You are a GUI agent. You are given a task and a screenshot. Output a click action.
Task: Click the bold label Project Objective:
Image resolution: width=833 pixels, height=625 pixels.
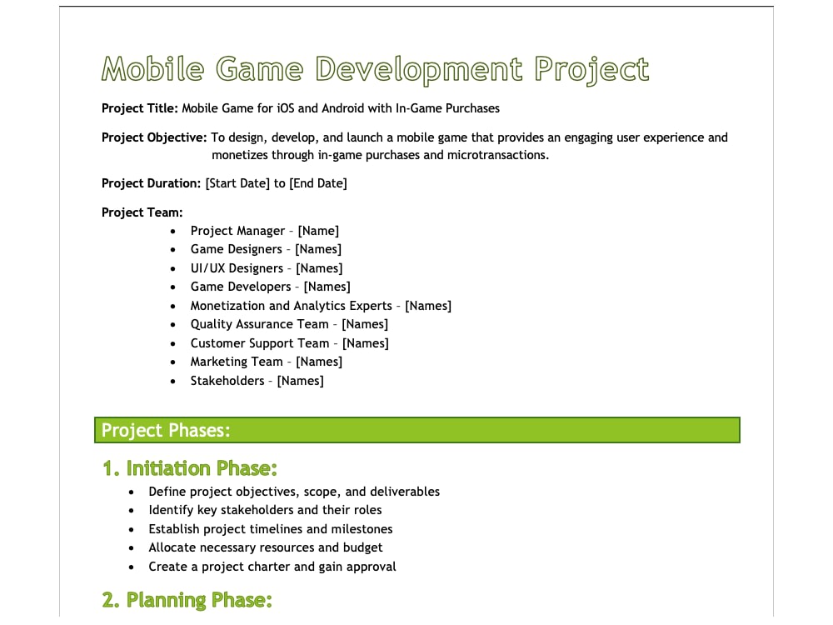[x=154, y=137]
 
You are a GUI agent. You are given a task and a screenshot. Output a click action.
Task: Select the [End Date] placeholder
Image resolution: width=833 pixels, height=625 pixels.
[x=318, y=183]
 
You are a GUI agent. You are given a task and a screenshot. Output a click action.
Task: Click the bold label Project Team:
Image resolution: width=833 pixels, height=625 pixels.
[x=142, y=212]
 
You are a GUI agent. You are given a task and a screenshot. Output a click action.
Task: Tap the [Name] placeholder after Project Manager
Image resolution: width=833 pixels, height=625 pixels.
[x=318, y=231]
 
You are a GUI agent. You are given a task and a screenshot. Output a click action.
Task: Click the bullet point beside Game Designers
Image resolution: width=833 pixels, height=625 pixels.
[x=172, y=250]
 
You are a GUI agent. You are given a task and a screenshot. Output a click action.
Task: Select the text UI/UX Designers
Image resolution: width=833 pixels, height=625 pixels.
[x=237, y=268]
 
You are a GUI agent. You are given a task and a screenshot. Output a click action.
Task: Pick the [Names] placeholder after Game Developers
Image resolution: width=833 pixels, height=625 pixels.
[x=327, y=287]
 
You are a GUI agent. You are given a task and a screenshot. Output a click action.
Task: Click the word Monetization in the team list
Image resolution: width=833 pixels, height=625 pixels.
[x=227, y=306]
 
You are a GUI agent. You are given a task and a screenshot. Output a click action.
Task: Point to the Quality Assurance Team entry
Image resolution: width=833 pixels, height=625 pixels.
[x=259, y=324]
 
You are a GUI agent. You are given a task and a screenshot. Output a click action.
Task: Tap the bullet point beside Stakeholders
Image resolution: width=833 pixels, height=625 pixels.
[x=172, y=382]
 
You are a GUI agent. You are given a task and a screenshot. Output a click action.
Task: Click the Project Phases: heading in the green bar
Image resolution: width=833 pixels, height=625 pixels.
[x=166, y=430]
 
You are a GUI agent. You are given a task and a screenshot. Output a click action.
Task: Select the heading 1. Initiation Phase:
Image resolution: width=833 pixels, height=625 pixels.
[x=190, y=468]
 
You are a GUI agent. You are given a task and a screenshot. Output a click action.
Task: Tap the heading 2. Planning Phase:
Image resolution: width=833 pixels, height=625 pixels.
[x=187, y=600]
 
